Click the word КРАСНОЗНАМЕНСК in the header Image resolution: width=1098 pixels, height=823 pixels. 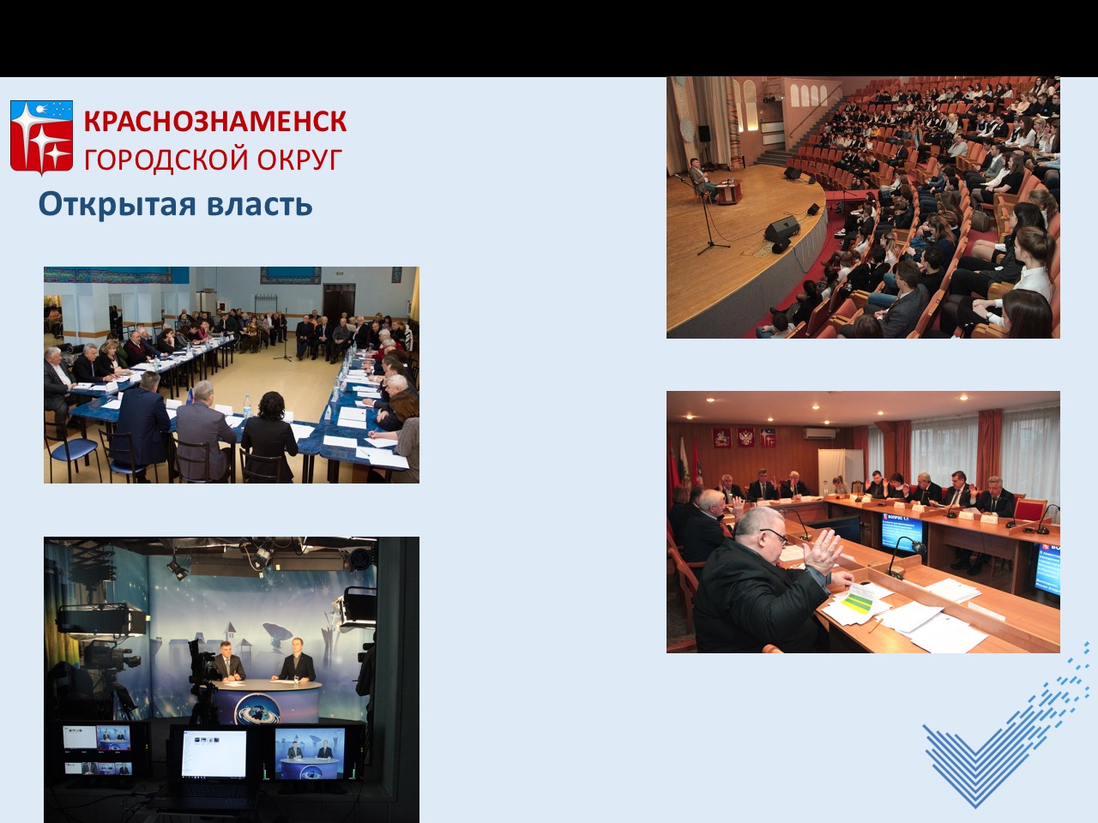pyautogui.click(x=215, y=122)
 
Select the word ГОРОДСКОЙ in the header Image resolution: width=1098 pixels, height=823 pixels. pyautogui.click(x=166, y=160)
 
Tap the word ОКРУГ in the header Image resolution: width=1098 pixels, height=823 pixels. pyautogui.click(x=299, y=159)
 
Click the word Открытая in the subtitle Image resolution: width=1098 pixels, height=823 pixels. pyautogui.click(x=117, y=205)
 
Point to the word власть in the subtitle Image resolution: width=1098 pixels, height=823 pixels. pyautogui.click(x=260, y=204)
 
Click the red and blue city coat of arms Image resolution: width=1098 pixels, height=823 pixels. pyautogui.click(x=41, y=137)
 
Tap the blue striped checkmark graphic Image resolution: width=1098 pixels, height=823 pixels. pyautogui.click(x=1005, y=725)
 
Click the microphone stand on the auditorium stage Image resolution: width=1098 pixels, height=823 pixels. pyautogui.click(x=705, y=215)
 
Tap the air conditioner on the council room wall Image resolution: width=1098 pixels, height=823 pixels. pyautogui.click(x=818, y=434)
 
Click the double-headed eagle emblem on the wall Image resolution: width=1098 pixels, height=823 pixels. pyautogui.click(x=745, y=437)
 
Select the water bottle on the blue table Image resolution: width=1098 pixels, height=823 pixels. pyautogui.click(x=247, y=405)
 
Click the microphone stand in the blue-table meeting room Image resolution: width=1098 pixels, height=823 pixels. pyautogui.click(x=283, y=335)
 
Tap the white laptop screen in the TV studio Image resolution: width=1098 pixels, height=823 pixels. pyautogui.click(x=214, y=754)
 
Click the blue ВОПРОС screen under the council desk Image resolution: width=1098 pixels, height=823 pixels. pyautogui.click(x=901, y=532)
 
